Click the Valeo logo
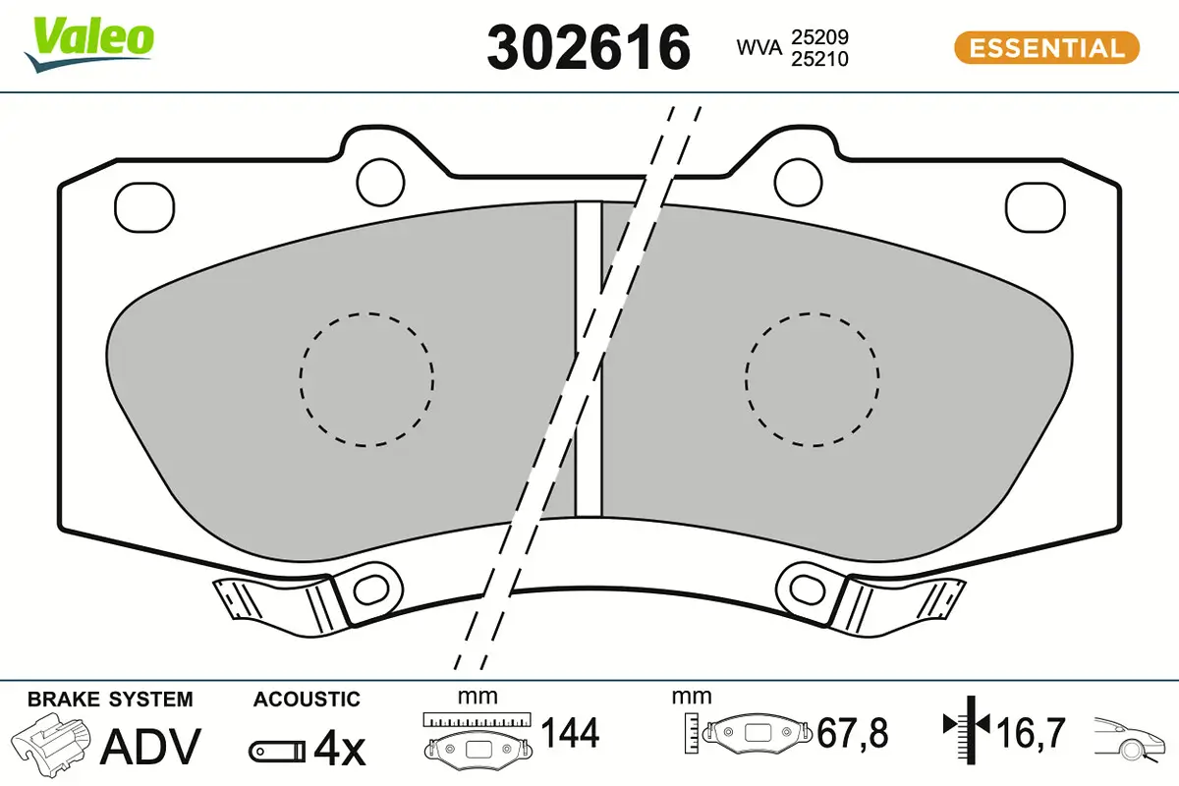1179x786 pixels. click(89, 44)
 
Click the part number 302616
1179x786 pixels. click(589, 48)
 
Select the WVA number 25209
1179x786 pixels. click(820, 37)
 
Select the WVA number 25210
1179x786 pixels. click(820, 59)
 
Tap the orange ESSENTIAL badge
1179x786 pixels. click(1046, 48)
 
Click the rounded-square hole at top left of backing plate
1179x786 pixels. click(144, 207)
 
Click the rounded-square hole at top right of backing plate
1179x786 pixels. click(1036, 207)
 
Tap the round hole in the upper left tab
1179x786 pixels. click(380, 182)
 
